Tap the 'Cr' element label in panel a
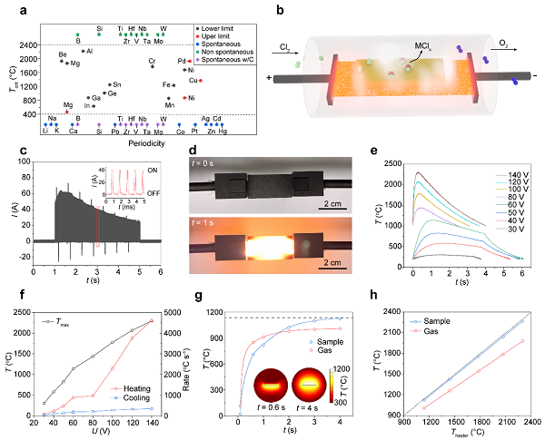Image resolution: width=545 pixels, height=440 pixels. click(x=153, y=60)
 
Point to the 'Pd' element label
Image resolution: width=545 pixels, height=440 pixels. click(x=181, y=61)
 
